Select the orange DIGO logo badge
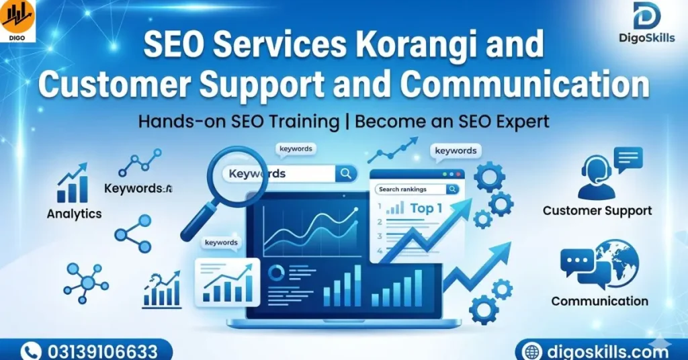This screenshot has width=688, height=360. (x=17, y=21)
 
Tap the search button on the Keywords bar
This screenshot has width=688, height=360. (x=346, y=174)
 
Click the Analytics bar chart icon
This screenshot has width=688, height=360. (x=73, y=184)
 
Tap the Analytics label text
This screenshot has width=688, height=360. (x=74, y=214)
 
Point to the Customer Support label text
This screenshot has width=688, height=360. (x=597, y=211)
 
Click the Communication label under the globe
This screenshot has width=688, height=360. (x=599, y=302)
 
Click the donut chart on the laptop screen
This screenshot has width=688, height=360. (x=277, y=272)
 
